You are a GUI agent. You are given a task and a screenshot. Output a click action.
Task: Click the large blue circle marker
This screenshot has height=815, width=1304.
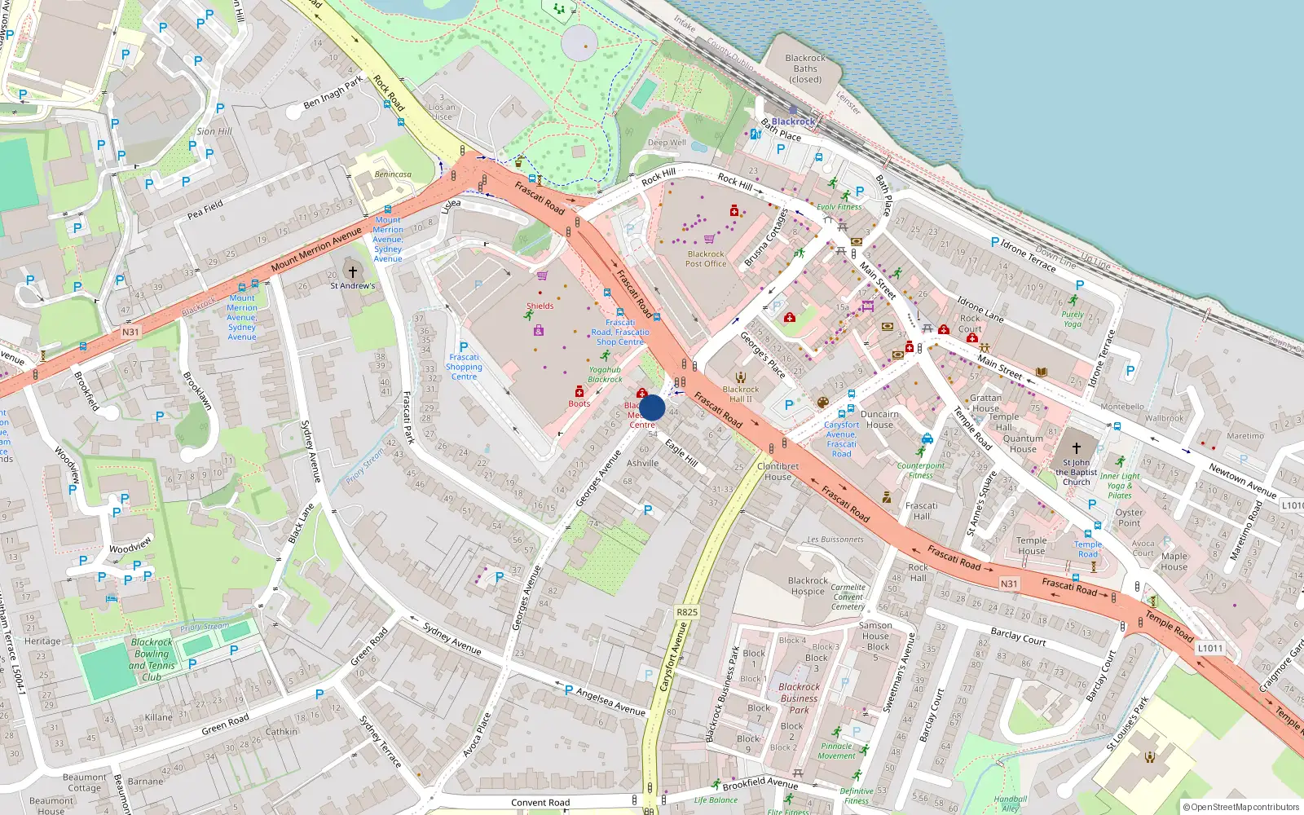652,407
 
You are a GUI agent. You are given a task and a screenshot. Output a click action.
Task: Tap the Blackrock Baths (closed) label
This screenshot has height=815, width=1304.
805,68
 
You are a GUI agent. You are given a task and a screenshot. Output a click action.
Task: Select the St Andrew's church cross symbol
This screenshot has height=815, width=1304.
353,271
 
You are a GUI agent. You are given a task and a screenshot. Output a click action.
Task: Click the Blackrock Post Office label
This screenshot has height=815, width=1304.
706,259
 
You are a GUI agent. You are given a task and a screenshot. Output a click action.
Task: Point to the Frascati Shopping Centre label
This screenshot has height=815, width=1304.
464,367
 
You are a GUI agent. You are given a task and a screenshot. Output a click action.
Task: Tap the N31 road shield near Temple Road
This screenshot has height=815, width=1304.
1009,584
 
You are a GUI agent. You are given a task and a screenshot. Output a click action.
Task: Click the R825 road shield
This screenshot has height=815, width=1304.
687,612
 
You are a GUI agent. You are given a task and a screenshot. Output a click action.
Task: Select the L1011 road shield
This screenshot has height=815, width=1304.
1209,648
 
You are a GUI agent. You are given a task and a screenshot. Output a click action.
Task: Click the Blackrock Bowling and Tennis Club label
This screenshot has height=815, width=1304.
152,659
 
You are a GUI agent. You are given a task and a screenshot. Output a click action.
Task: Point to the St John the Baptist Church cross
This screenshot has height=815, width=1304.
1076,448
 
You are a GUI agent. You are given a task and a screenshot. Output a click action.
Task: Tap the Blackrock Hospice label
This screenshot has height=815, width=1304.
808,586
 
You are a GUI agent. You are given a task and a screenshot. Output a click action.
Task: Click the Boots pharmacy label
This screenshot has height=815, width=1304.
579,403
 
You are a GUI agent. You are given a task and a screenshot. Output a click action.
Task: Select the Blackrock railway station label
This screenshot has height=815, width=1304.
793,121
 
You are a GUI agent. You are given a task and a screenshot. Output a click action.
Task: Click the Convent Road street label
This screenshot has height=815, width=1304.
540,803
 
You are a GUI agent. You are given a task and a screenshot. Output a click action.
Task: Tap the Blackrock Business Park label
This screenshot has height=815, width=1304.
799,698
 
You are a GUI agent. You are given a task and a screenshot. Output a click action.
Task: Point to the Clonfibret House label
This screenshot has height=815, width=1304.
778,472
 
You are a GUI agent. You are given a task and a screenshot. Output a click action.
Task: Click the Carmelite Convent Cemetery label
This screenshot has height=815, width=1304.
848,597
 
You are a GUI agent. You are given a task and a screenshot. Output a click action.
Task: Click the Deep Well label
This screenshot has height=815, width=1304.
667,143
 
